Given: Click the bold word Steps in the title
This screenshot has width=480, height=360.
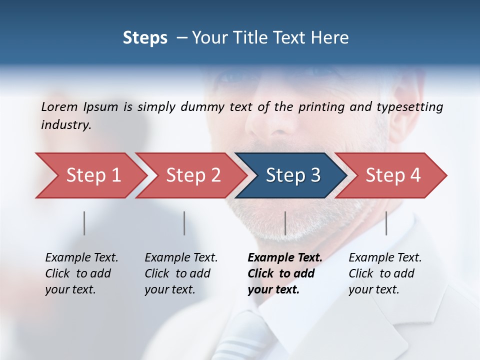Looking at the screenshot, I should pos(145,38).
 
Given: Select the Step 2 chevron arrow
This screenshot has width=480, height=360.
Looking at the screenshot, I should pos(190,175).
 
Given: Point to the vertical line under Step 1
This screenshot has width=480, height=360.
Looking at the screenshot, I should pos(84,223).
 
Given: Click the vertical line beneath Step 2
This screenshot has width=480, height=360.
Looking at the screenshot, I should pos(184,223).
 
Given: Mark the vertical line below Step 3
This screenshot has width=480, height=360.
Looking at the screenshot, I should pos(285,223).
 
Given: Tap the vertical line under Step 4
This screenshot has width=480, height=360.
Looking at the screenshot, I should pos(386,223).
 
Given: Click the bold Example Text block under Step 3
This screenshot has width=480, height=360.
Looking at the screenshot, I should pos(285,273).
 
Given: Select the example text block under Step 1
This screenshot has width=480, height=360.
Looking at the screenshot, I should pos(81,273).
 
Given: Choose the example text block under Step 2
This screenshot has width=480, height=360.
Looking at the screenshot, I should pos(181,273).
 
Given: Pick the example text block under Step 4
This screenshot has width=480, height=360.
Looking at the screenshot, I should pos(385,273).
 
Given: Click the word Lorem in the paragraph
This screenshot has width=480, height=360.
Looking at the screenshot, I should pos(59,106).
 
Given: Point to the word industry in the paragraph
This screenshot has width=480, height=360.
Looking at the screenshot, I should pos(65,125).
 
